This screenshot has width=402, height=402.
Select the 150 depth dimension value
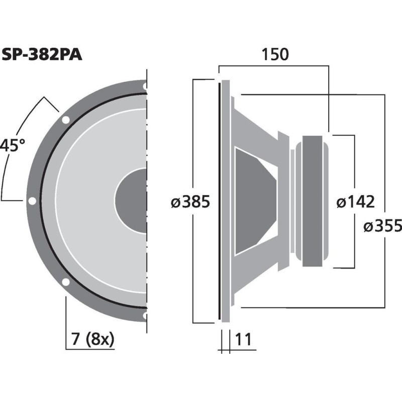click(x=275, y=54)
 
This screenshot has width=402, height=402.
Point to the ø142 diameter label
click(x=355, y=202)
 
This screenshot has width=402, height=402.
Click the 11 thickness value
click(x=243, y=340)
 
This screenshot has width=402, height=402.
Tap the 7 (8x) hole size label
click(x=93, y=340)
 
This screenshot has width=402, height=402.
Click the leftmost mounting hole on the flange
click(x=32, y=201)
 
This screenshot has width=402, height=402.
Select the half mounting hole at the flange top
click(x=145, y=86)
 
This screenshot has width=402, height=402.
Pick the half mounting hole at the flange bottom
click(x=145, y=316)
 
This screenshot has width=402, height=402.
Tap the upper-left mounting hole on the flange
click(x=65, y=120)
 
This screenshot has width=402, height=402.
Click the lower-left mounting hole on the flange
click(x=65, y=282)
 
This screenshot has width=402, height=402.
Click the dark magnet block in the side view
click(x=317, y=201)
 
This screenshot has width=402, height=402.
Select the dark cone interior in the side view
click(x=254, y=201)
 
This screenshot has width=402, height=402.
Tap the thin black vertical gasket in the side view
click(x=220, y=201)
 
